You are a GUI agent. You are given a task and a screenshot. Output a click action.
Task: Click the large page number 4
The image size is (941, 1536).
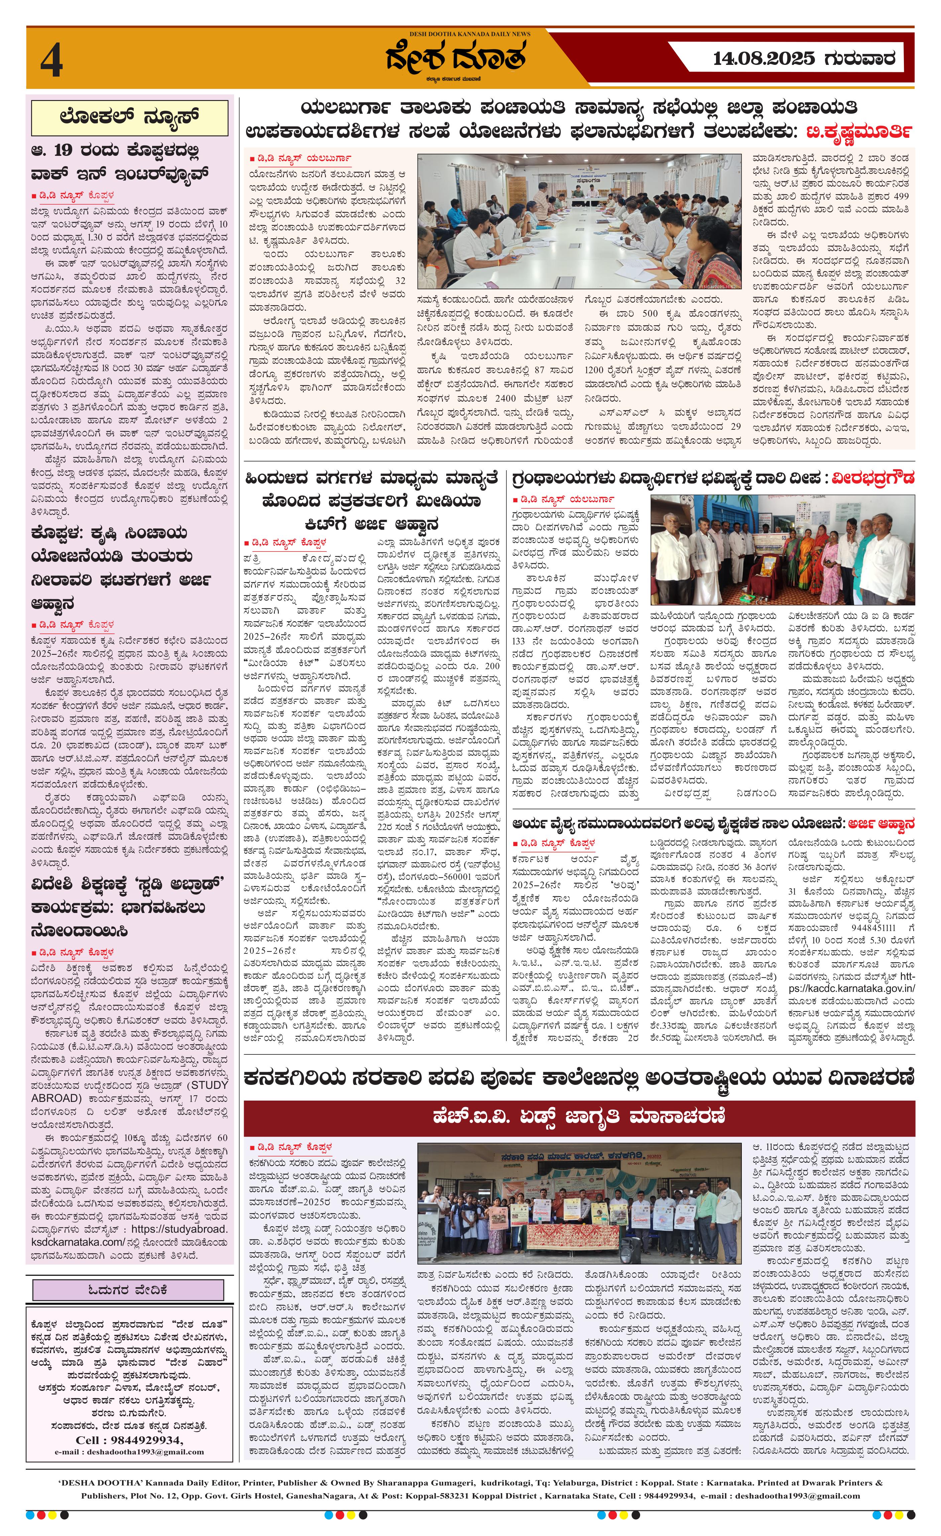tap(52, 63)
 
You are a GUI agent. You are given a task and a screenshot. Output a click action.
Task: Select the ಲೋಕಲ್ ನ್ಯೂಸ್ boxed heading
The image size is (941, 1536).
tap(130, 117)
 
